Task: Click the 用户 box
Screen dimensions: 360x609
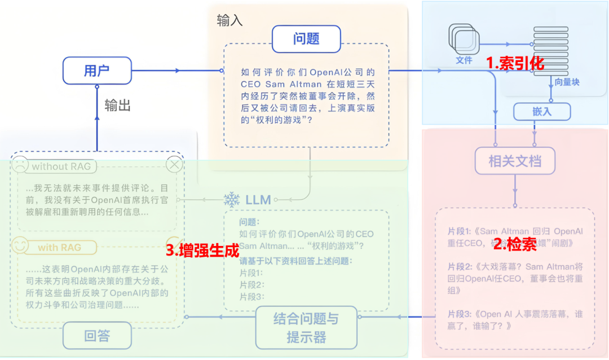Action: [x=97, y=71]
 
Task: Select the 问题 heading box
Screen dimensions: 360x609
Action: [x=306, y=38]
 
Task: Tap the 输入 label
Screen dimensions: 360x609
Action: [x=230, y=21]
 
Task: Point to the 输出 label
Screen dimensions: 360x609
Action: [x=118, y=106]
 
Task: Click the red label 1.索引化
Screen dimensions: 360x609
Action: [x=515, y=63]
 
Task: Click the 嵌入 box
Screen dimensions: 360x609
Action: [x=542, y=112]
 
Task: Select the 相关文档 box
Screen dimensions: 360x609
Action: [x=515, y=161]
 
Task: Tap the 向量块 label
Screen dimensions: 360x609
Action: [x=567, y=82]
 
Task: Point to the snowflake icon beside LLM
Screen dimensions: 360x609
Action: [x=232, y=199]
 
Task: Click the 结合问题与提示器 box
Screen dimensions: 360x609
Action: [x=307, y=328]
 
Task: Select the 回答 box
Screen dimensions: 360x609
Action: [x=97, y=336]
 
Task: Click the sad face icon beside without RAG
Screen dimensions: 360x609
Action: [x=20, y=165]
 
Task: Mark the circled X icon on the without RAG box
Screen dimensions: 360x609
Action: [x=174, y=164]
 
